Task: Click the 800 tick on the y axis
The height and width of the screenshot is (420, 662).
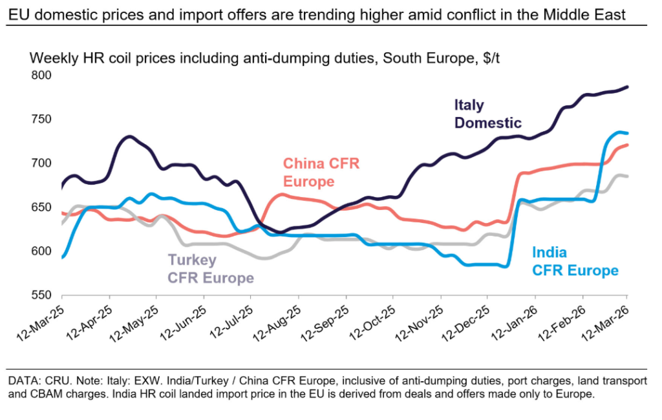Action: (41, 75)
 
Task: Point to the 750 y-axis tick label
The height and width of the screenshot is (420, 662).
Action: (41, 119)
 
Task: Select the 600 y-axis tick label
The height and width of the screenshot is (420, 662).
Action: (41, 251)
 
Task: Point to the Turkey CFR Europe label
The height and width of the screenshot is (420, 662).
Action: (210, 269)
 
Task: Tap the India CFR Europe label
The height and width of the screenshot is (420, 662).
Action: (575, 262)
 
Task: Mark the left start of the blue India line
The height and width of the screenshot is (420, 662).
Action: (62, 257)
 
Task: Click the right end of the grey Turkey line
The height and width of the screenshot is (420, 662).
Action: (628, 176)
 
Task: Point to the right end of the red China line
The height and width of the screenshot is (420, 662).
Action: (628, 145)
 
